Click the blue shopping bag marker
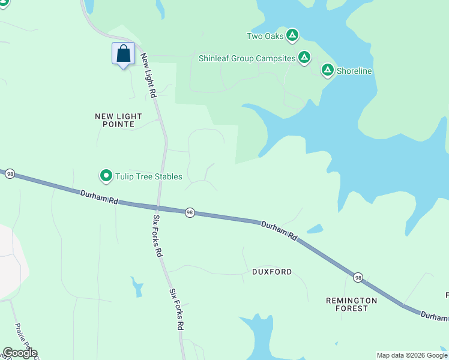coord(123,54)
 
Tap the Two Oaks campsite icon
coord(292,35)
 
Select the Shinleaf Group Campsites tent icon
coord(304,58)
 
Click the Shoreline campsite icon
coord(327,70)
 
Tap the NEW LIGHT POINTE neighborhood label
coord(119,120)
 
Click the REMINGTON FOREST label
coord(351,304)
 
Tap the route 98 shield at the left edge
coord(10,173)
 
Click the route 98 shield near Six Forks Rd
coord(190,212)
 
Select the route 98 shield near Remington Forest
coord(358,277)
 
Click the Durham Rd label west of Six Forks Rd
coord(98,197)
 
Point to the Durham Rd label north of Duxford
coord(279,230)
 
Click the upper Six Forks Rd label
coord(158,235)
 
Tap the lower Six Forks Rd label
coord(175,309)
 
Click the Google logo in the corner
coord(20,353)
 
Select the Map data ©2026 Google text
coord(412,355)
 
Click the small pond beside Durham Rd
coord(315,229)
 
